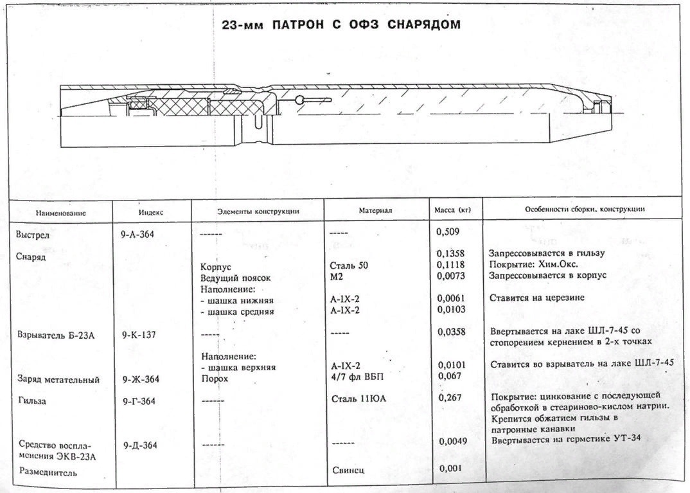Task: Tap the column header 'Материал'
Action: pyautogui.click(x=375, y=210)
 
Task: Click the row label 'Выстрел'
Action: pyautogui.click(x=33, y=235)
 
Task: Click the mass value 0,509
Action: pyautogui.click(x=448, y=230)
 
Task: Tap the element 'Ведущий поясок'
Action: pyautogui.click(x=236, y=278)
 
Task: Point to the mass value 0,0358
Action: pyautogui.click(x=452, y=332)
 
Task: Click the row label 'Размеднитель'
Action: pyautogui.click(x=48, y=473)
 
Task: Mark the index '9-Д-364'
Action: pyautogui.click(x=139, y=445)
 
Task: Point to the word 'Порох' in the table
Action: pyautogui.click(x=215, y=379)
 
